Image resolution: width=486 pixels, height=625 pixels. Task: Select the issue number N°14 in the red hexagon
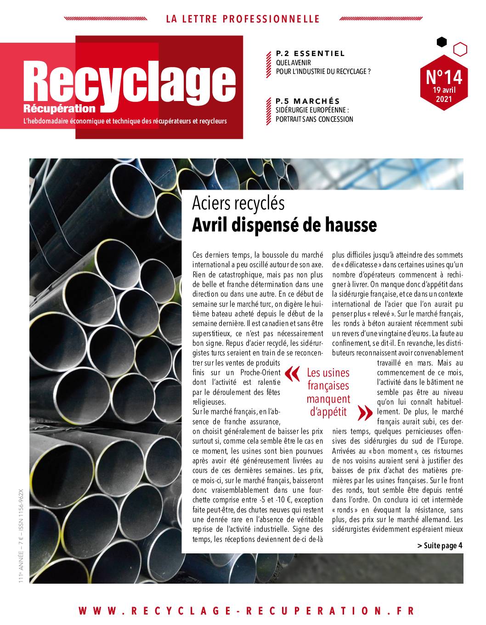[444, 76]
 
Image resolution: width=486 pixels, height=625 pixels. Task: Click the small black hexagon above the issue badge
[441, 42]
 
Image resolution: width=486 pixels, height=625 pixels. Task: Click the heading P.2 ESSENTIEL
[310, 54]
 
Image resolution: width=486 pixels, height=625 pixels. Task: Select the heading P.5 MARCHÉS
[307, 101]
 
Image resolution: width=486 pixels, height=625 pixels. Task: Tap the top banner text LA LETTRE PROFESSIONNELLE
[243, 19]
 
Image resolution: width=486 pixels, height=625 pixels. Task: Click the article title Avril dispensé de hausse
[284, 225]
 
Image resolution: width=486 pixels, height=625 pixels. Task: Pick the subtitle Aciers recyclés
[238, 203]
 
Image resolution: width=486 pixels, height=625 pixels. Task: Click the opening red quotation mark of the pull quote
[291, 374]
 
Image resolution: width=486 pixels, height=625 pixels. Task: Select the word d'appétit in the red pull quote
[328, 411]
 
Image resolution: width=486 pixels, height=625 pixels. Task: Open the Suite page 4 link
[440, 546]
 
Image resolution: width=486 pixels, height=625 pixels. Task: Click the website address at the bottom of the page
[246, 611]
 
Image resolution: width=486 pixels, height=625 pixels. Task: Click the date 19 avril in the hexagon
[444, 90]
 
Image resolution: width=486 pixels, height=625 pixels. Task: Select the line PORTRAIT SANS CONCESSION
[314, 119]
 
